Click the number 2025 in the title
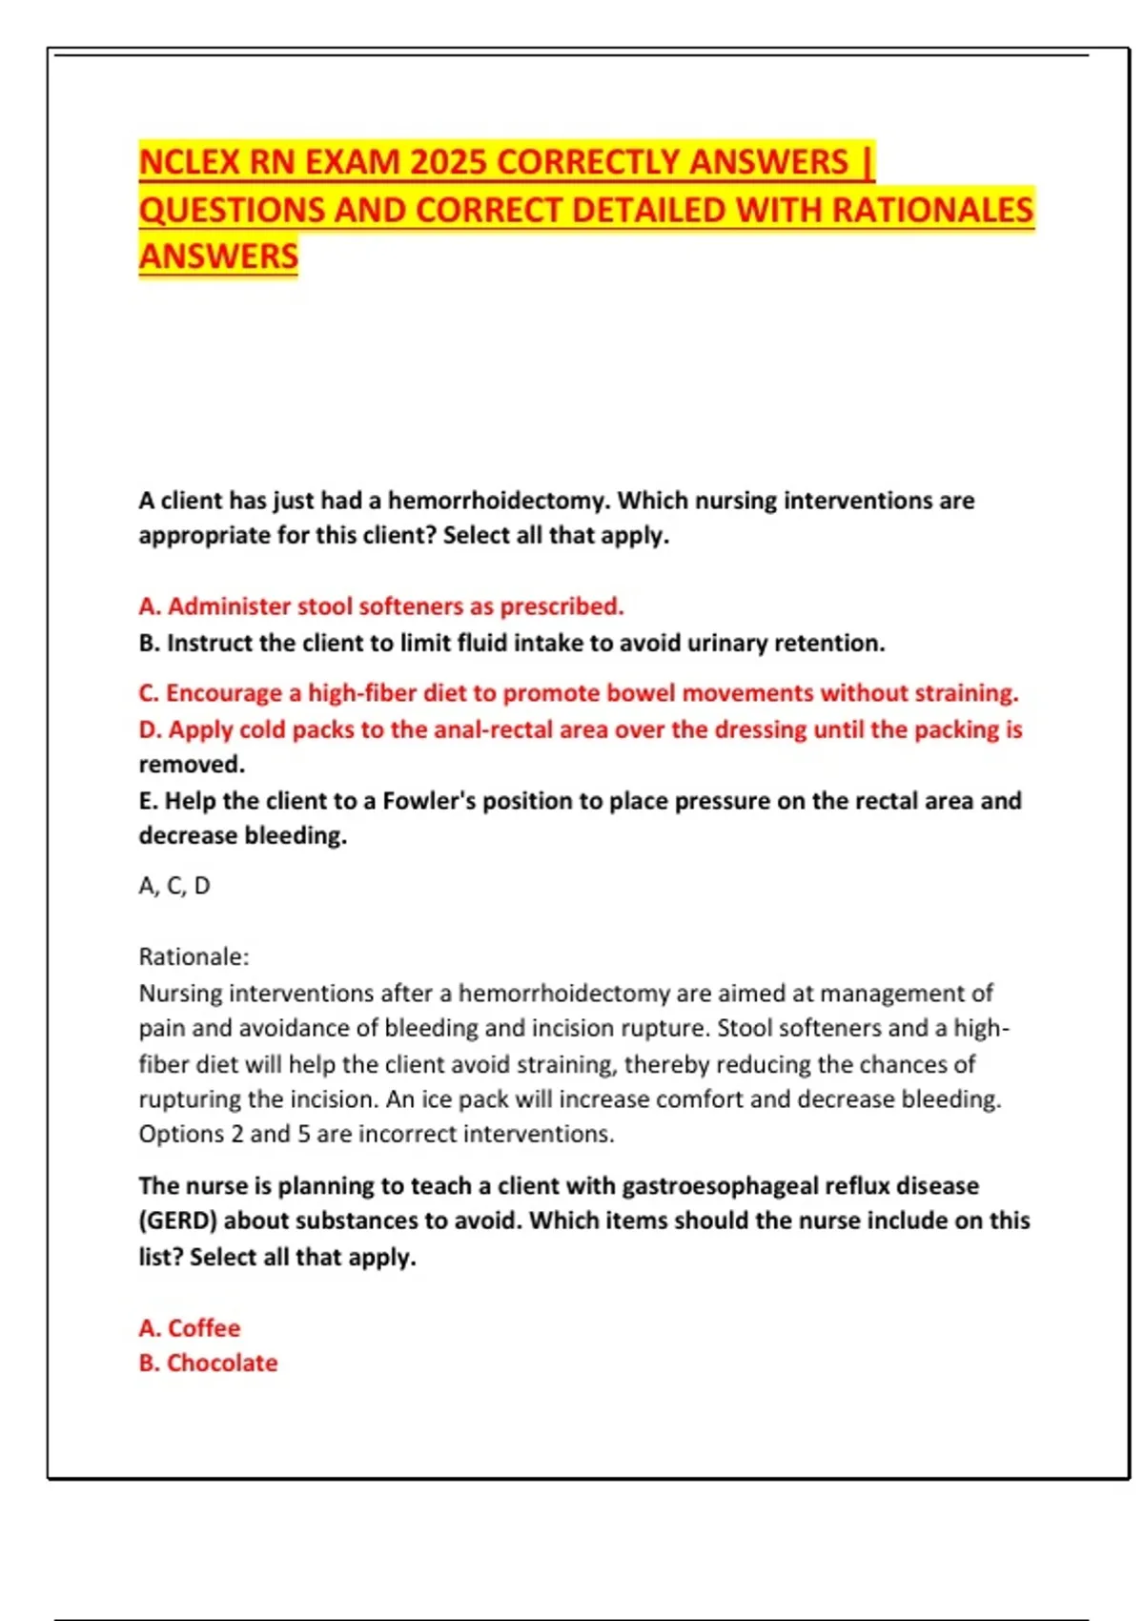click(x=448, y=163)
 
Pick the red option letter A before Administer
click(x=149, y=606)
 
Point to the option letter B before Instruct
click(x=149, y=644)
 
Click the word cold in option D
click(x=262, y=729)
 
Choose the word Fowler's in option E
click(x=429, y=801)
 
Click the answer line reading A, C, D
click(x=174, y=886)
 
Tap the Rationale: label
click(x=194, y=956)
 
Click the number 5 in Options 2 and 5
click(x=303, y=1134)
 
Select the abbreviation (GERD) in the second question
click(x=176, y=1221)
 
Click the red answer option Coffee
click(x=203, y=1328)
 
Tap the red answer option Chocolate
click(x=221, y=1364)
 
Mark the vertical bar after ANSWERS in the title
click(x=867, y=163)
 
